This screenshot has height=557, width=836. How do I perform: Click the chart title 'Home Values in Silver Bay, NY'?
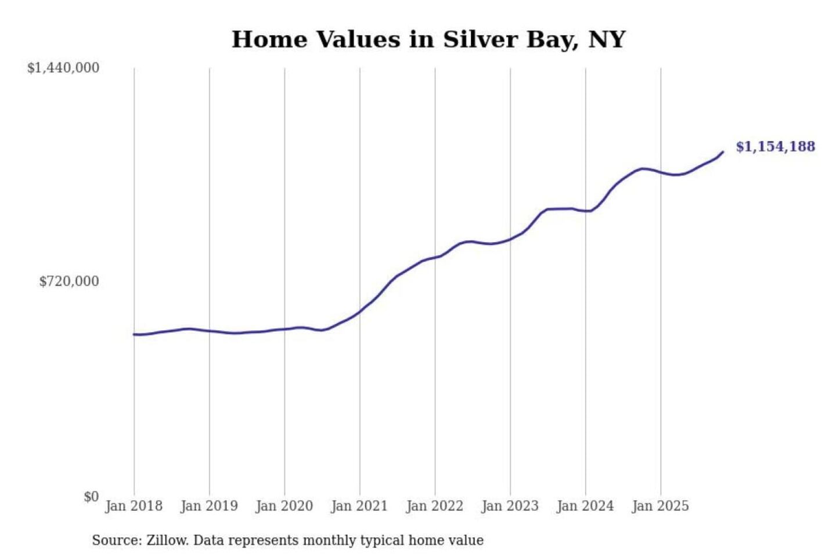pyautogui.click(x=428, y=39)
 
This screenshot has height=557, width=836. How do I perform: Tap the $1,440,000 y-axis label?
pyautogui.click(x=63, y=68)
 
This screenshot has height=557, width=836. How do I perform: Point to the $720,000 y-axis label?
pyautogui.click(x=69, y=281)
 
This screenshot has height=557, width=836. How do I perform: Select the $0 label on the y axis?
pyautogui.click(x=91, y=497)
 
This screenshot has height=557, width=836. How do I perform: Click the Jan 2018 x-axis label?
pyautogui.click(x=134, y=506)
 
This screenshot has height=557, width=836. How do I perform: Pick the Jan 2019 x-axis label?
pyautogui.click(x=209, y=506)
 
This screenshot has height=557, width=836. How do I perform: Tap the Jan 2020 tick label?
pyautogui.click(x=284, y=506)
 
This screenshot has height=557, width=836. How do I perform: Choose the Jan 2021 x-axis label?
pyautogui.click(x=359, y=506)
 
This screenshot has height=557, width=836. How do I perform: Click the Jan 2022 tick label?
pyautogui.click(x=435, y=506)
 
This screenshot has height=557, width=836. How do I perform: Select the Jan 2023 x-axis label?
pyautogui.click(x=510, y=506)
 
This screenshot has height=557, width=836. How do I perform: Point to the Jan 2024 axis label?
pyautogui.click(x=585, y=506)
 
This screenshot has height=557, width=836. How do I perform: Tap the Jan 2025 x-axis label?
pyautogui.click(x=660, y=506)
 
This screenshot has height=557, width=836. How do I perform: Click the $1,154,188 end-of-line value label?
pyautogui.click(x=776, y=146)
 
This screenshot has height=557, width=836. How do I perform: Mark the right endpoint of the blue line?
pyautogui.click(x=723, y=152)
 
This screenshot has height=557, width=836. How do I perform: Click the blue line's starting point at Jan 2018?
pyautogui.click(x=134, y=334)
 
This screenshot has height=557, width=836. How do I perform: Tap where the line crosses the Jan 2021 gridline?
pyautogui.click(x=360, y=312)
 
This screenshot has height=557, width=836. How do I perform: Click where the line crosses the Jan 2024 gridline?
pyautogui.click(x=585, y=211)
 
